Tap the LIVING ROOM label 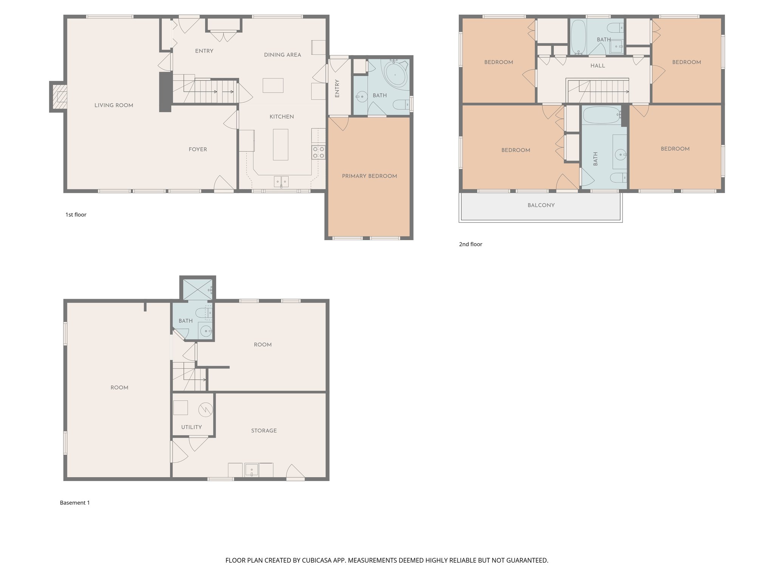114,105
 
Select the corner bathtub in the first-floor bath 395,74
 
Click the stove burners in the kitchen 318,152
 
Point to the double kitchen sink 281,182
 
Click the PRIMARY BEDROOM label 369,176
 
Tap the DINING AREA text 282,55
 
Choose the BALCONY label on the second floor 541,205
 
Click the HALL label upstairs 598,66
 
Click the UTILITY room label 191,427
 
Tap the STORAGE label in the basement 264,430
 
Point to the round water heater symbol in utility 206,409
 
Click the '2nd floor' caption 471,244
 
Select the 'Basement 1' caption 75,503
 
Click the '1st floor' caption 76,214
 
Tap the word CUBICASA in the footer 317,560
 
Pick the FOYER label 198,150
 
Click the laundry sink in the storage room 251,470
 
